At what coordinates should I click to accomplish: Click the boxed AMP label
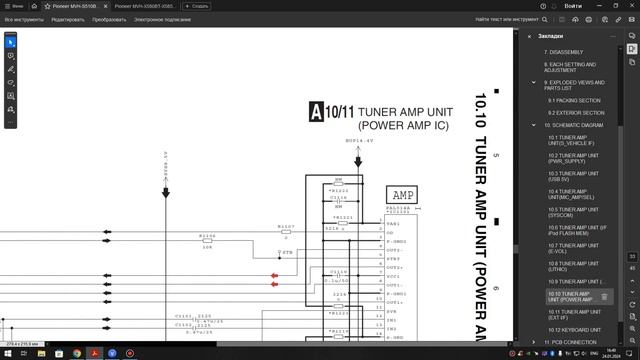(404, 194)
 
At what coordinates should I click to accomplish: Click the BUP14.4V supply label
(359, 141)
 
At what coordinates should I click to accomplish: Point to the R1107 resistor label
(286, 227)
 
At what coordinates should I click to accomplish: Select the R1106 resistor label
(207, 236)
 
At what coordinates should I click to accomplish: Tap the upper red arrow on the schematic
(274, 275)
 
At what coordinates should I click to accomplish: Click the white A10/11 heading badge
(318, 111)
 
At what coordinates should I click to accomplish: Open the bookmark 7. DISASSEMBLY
(566, 51)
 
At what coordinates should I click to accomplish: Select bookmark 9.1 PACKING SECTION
(574, 100)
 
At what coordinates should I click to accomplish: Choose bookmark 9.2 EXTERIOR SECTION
(575, 113)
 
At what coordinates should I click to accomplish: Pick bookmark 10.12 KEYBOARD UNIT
(574, 329)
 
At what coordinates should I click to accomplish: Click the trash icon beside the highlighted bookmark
(604, 297)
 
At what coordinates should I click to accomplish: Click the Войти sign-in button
(573, 5)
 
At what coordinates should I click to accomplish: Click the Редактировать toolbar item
(69, 19)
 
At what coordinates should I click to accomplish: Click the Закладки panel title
(551, 36)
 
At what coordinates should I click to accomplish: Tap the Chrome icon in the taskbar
(77, 353)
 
